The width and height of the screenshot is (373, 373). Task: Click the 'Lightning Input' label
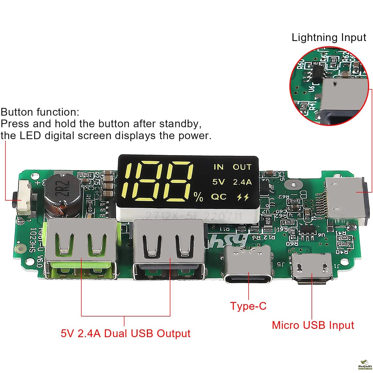329,38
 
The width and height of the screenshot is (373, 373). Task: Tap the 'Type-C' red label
248,306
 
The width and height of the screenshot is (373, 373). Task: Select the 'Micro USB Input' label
313,325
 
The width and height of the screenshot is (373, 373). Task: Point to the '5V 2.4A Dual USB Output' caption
125,333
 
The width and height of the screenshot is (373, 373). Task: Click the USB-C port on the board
248,265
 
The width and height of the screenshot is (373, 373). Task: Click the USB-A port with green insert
81,249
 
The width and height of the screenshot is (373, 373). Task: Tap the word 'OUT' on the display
242,167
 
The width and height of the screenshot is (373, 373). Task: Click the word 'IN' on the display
218,167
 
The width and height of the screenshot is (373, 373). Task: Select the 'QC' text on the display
219,197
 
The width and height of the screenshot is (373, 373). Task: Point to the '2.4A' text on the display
242,182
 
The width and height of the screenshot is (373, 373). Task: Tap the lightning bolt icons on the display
243,197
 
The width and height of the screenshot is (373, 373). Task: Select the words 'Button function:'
40,112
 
